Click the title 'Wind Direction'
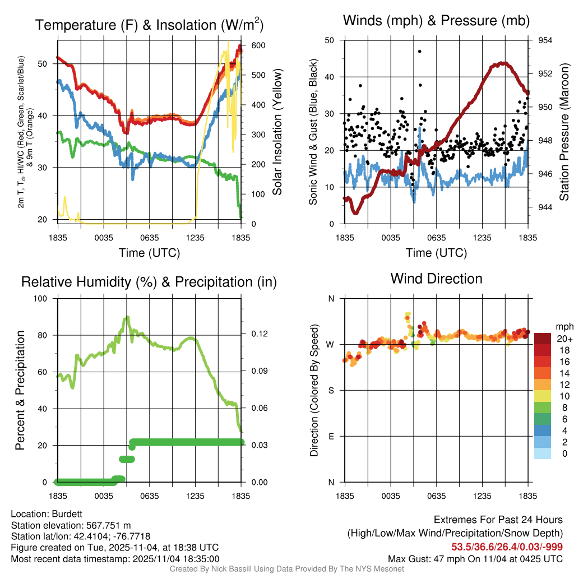point(436,279)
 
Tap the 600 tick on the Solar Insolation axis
point(251,45)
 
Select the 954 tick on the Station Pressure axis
point(545,40)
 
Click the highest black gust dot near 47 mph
point(419,51)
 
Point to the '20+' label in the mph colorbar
point(564,339)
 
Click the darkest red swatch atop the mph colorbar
point(543,339)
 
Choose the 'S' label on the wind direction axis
point(331,390)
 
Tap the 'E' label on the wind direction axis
point(331,436)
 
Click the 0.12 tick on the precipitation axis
point(256,334)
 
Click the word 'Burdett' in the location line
point(67,513)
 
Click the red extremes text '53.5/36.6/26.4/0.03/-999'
point(507,547)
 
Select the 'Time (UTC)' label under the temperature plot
point(149,253)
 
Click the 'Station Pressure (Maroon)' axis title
point(564,132)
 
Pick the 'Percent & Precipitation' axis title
point(20,390)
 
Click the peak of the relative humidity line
point(128,317)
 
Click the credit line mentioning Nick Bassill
point(286,569)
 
